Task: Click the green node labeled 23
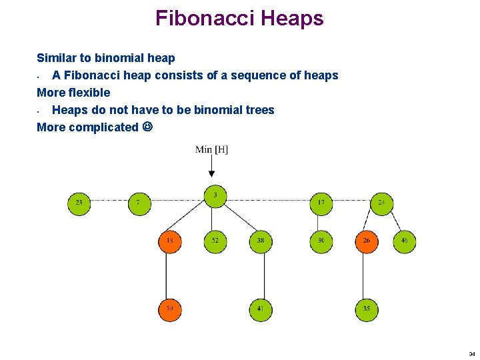point(79,203)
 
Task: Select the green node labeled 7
point(139,203)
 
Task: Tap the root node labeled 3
point(215,196)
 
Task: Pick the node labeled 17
point(321,203)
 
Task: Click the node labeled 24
point(381,203)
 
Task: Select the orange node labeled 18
point(170,241)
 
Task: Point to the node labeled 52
point(215,241)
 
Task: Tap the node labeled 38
point(261,241)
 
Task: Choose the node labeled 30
point(321,241)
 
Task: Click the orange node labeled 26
point(366,241)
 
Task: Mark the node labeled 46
point(404,241)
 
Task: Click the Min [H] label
point(211,149)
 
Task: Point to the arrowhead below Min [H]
point(212,174)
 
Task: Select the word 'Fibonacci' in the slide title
point(203,18)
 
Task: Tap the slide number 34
point(471,354)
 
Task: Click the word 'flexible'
point(89,93)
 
